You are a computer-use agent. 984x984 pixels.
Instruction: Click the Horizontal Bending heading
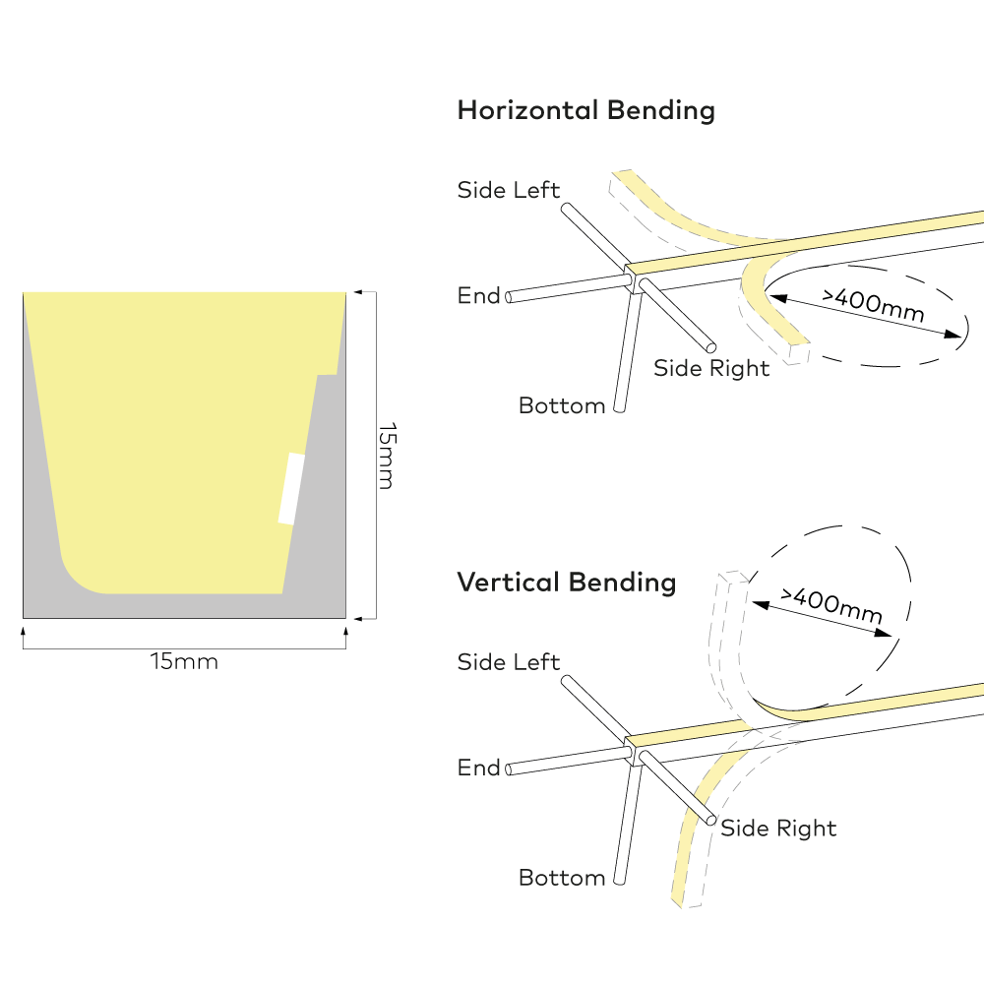click(585, 109)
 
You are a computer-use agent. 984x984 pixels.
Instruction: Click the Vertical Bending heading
click(566, 582)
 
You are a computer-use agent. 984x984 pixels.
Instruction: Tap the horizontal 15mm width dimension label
click(184, 661)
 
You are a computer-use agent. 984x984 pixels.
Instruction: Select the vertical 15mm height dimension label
click(387, 455)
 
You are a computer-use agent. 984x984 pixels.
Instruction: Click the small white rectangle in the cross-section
click(291, 488)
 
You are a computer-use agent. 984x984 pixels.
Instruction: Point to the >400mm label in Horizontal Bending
click(873, 307)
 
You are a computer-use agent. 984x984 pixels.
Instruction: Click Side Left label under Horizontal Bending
click(508, 190)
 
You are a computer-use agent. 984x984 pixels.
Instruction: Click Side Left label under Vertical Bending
click(508, 662)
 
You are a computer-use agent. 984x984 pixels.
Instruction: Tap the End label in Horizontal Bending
click(478, 295)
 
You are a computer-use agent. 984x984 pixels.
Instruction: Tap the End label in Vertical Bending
click(478, 768)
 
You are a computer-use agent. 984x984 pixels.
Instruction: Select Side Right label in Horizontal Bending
click(711, 368)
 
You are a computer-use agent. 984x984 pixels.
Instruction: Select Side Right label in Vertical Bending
click(778, 828)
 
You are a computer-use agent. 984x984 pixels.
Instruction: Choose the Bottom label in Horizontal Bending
click(561, 405)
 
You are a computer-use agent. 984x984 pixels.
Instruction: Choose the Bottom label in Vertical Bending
click(561, 877)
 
